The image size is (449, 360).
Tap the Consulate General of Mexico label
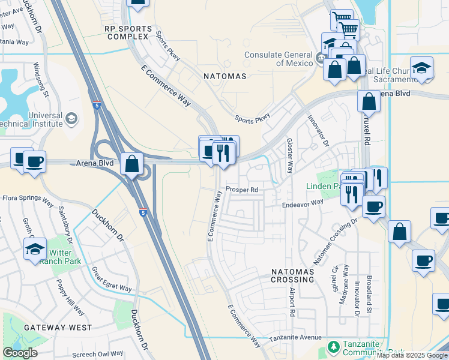pos(279,58)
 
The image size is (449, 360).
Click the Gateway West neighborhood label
pos(58,328)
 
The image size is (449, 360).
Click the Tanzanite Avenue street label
pos(295,338)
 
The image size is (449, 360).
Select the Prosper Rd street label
pos(242,190)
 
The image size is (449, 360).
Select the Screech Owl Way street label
pos(97,354)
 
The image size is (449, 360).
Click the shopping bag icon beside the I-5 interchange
pos(131,164)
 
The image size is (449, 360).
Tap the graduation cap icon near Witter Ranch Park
pos(35,248)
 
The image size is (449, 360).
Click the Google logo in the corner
pos(20,353)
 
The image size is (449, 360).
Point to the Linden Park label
pos(324,186)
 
